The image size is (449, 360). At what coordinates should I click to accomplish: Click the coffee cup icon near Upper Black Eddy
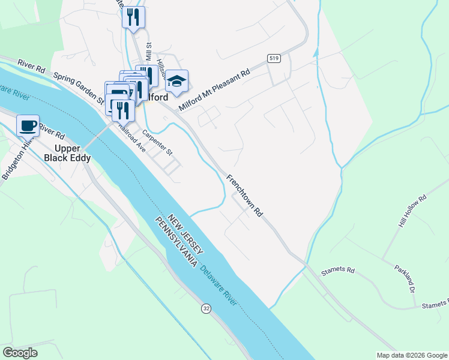click(x=28, y=126)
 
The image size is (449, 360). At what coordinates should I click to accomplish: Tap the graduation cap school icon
click(x=176, y=82)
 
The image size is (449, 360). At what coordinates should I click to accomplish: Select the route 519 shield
click(x=274, y=58)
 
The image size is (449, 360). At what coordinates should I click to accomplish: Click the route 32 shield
click(x=206, y=308)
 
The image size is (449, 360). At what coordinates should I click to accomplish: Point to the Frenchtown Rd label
click(x=245, y=196)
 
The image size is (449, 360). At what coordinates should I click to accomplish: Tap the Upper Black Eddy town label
click(x=67, y=154)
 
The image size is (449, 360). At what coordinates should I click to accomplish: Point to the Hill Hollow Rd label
click(x=412, y=211)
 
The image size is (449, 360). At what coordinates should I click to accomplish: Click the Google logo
click(x=20, y=353)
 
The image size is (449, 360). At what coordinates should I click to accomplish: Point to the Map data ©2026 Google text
click(x=411, y=355)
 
